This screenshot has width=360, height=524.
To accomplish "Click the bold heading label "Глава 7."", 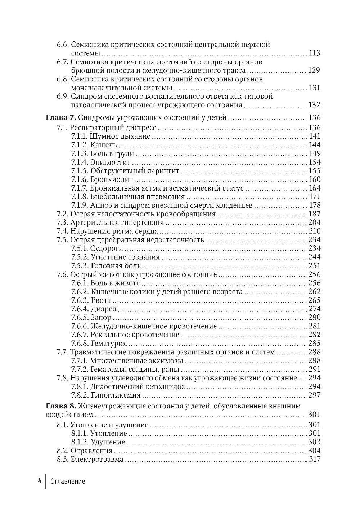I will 60,118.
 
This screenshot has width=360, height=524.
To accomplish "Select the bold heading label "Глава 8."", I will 60,406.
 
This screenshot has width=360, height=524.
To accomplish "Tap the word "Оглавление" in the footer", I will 68,481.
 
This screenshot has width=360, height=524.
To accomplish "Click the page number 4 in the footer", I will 40,481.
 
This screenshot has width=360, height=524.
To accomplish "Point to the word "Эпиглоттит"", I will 110,162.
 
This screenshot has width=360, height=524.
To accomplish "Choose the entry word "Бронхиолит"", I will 111,179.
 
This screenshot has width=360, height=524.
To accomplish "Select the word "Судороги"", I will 107,248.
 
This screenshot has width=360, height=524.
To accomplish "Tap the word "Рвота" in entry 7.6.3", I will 101,300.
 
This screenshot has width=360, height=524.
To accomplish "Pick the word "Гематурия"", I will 109,344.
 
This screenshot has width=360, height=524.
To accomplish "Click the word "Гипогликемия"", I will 115,395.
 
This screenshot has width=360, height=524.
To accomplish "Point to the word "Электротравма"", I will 97,460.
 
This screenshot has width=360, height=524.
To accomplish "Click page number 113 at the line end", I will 314,53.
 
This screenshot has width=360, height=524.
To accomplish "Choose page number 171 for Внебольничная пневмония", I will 315,197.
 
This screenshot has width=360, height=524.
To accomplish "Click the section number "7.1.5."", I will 79,171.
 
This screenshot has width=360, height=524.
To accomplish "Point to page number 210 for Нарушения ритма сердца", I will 314,231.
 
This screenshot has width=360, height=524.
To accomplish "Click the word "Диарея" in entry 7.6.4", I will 103,309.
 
